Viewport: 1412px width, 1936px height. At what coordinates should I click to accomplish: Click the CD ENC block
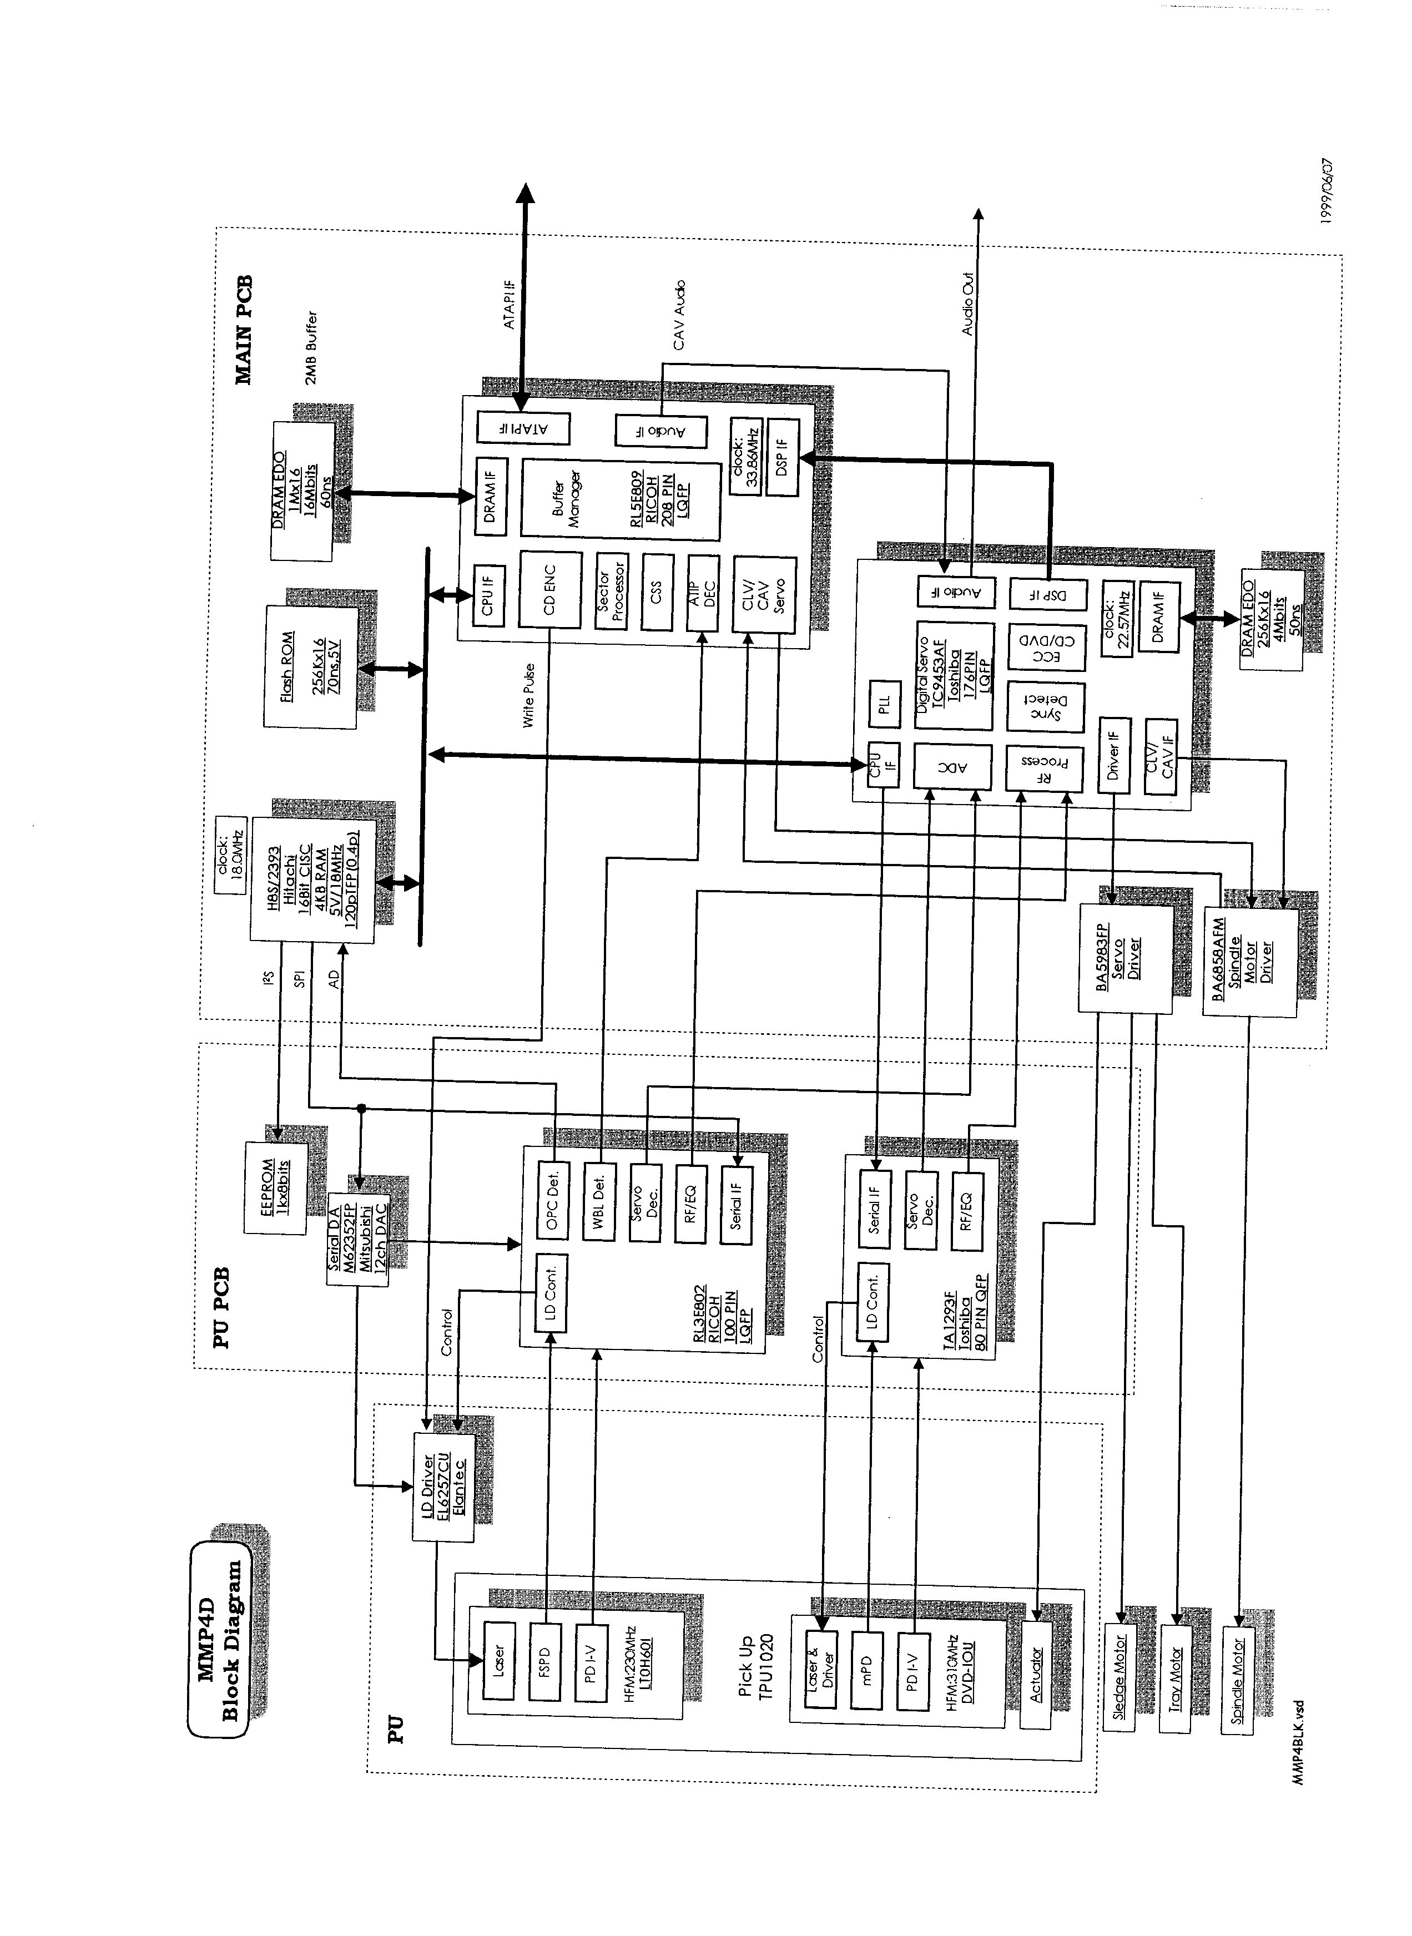click(x=549, y=589)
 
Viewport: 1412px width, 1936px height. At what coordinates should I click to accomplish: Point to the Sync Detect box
click(x=1045, y=706)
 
